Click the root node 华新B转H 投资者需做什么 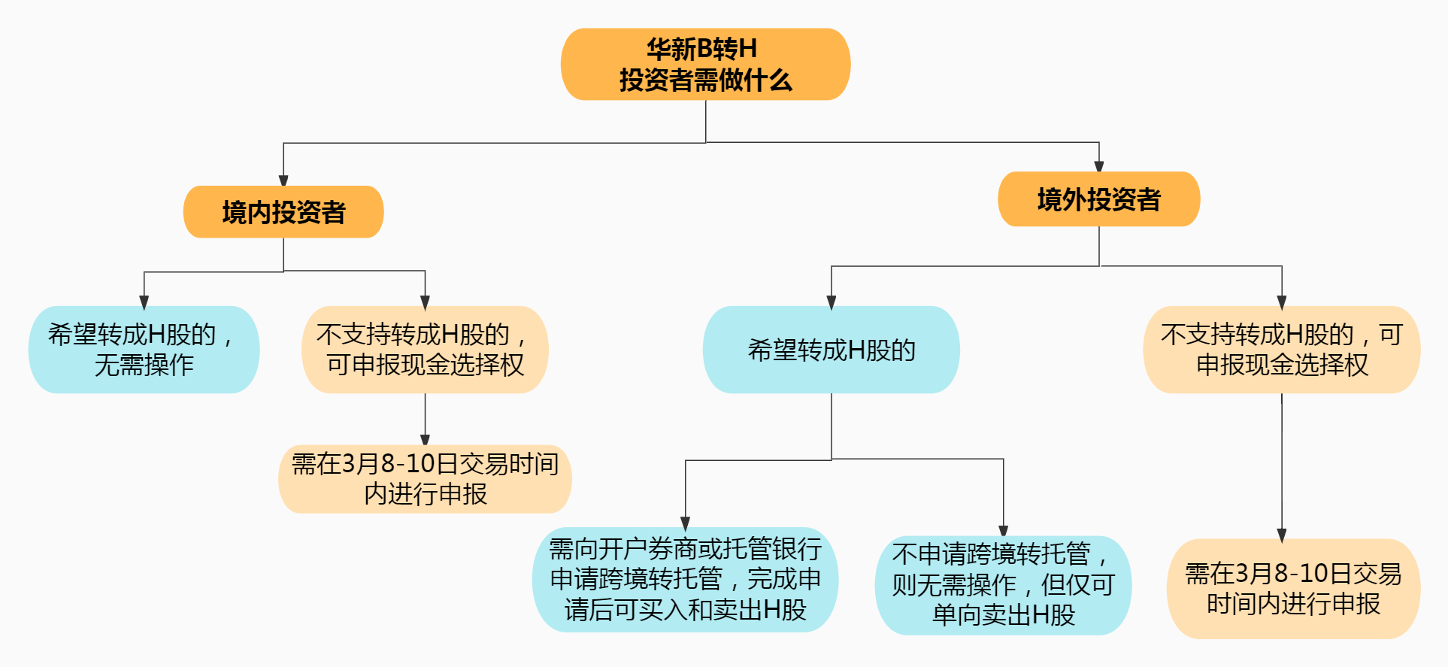click(705, 65)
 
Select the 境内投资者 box click(283, 212)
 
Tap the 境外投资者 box click(1098, 199)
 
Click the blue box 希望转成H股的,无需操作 click(144, 350)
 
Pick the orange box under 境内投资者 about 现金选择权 click(425, 350)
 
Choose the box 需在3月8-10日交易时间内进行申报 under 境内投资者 click(425, 479)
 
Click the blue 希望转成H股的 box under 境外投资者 click(831, 350)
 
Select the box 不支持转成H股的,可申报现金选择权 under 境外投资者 click(1281, 350)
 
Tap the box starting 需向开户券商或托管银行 click(685, 579)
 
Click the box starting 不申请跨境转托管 click(1003, 585)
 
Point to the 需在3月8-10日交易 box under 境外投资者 click(1293, 589)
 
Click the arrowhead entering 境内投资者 click(283, 180)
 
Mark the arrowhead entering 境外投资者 click(1098, 166)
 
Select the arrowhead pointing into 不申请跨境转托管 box click(1003, 530)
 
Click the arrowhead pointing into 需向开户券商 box click(685, 523)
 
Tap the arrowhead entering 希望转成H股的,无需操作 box click(144, 302)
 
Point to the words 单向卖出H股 click(1003, 615)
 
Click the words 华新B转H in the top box click(701, 49)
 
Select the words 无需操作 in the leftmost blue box click(144, 365)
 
